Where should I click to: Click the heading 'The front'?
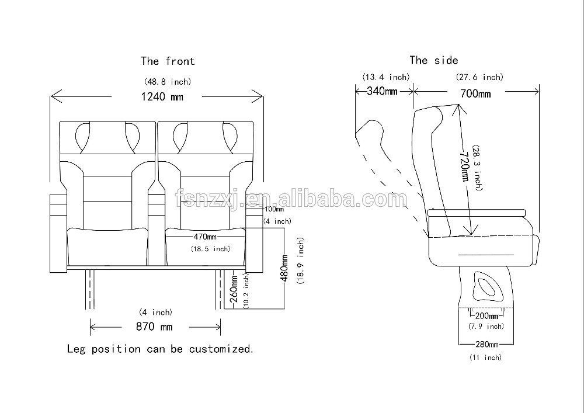168,61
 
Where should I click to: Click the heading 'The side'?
433,60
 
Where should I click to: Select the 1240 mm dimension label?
162,96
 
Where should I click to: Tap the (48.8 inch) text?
167,81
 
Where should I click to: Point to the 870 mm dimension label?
154,327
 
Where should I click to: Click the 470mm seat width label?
204,237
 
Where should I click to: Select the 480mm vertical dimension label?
285,268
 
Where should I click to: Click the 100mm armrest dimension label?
273,209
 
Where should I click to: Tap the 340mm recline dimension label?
383,91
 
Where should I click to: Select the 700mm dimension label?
475,93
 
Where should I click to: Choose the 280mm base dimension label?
486,345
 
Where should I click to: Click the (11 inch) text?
486,357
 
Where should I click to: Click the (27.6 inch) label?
479,77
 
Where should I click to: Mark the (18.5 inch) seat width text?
210,249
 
